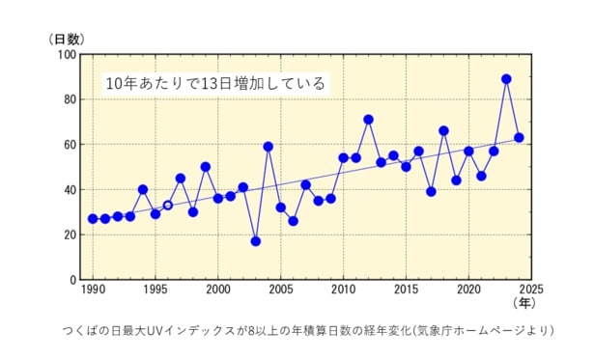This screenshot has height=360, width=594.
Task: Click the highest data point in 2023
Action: [506, 79]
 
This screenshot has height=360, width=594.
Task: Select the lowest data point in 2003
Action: [255, 241]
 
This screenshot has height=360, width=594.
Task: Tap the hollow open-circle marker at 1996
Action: [167, 205]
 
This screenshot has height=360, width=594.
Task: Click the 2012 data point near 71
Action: [368, 120]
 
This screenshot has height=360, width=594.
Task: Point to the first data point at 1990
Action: [93, 219]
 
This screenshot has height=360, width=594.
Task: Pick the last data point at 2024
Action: [519, 138]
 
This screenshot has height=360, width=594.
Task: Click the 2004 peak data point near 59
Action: [268, 147]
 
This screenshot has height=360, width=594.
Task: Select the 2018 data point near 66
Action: [443, 131]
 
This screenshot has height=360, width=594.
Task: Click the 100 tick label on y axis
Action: [67, 55]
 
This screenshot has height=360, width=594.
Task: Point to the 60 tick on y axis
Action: [70, 145]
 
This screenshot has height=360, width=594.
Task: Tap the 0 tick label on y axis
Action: [72, 280]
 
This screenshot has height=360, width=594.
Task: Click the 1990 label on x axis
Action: [93, 290]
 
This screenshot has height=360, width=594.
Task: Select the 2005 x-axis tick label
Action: [280, 290]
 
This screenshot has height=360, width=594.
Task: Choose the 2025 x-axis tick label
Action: [531, 290]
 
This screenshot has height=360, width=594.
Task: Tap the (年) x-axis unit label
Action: [523, 303]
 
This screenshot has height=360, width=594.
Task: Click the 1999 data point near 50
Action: [205, 167]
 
